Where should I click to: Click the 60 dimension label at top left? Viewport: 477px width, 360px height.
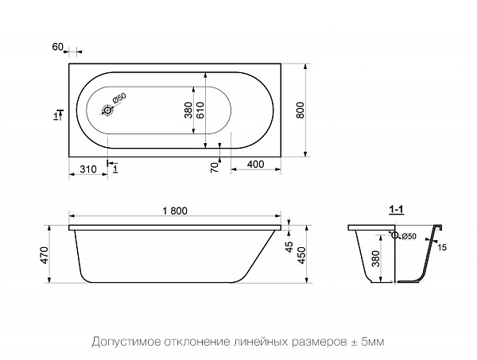click(57, 47)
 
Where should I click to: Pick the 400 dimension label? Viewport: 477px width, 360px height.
click(256, 164)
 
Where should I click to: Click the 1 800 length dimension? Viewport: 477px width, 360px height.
click(173, 211)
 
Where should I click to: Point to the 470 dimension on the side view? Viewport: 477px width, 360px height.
click(45, 255)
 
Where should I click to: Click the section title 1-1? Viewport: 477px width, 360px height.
click(397, 210)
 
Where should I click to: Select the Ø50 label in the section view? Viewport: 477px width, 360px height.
click(409, 236)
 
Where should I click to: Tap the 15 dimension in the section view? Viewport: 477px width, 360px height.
click(442, 248)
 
